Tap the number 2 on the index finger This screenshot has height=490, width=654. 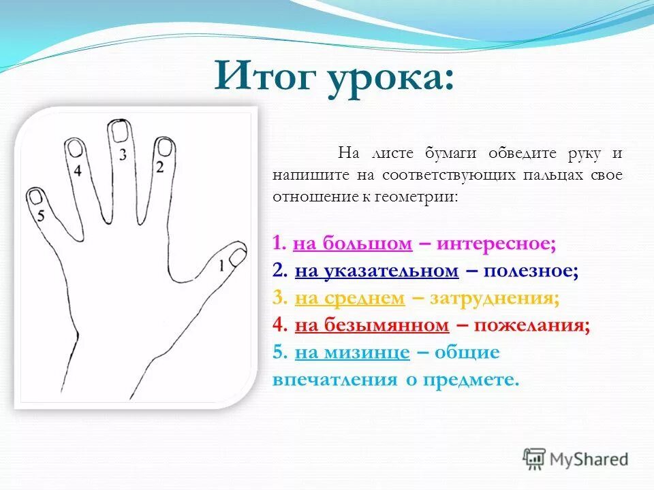[160, 166]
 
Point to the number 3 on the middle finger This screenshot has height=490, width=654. [123, 154]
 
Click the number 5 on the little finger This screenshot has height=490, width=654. [41, 216]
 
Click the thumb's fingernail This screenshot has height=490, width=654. [236, 257]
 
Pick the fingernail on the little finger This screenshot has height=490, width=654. [35, 197]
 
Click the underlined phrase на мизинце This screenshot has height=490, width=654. [352, 353]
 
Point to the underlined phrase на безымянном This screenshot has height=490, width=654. [372, 325]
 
